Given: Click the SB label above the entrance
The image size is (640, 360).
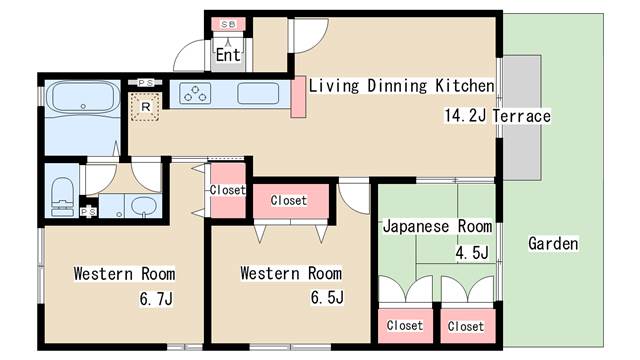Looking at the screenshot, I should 228,23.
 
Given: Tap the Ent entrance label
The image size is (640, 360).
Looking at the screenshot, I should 228,55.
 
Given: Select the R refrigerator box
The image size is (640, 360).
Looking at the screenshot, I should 145,105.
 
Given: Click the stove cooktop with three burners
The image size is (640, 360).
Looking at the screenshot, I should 195,95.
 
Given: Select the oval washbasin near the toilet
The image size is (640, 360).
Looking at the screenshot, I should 143,207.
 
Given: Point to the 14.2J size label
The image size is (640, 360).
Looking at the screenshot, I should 465,116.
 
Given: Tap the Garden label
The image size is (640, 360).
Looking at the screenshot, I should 553,243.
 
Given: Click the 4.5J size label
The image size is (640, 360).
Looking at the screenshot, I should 471,252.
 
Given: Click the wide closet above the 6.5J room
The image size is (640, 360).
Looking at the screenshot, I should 288,200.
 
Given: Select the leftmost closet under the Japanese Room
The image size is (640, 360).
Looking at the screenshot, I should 404,326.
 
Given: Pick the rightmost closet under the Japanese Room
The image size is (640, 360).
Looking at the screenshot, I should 466,326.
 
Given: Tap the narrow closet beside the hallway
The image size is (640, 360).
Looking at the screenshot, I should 227,189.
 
